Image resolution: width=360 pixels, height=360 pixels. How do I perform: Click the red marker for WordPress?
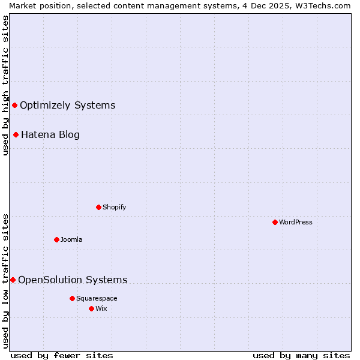coord(275,222)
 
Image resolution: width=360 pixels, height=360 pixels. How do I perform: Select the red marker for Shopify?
coord(98,207)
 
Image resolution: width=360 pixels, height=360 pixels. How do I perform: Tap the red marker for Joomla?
coord(56,239)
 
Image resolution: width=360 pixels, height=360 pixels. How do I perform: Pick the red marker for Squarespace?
coord(72,298)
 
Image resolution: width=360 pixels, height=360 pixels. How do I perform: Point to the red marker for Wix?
coord(91,308)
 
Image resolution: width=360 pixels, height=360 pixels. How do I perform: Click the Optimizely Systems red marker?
coord(14,106)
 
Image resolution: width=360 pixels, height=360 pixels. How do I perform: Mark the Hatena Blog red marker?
coord(16,134)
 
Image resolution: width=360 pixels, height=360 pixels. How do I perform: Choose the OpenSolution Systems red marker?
coord(13,280)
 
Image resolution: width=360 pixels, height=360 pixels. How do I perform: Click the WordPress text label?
coord(296,222)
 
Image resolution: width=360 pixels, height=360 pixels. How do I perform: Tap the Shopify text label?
coord(114,207)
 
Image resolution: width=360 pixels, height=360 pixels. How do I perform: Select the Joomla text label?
coord(71,239)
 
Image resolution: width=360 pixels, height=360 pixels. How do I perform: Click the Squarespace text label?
coord(97,298)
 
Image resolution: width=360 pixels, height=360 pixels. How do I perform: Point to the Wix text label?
coord(101,308)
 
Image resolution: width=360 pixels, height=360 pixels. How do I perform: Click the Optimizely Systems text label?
coord(67,106)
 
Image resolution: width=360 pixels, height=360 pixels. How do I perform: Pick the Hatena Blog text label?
coord(50,134)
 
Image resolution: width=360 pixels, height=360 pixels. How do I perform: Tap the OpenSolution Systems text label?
coord(73,280)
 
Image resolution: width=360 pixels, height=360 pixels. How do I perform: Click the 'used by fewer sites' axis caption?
coord(62,355)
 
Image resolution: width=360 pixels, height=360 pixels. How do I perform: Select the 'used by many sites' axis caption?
coord(301,355)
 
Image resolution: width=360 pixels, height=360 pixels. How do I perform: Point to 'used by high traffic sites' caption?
coord(5,85)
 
